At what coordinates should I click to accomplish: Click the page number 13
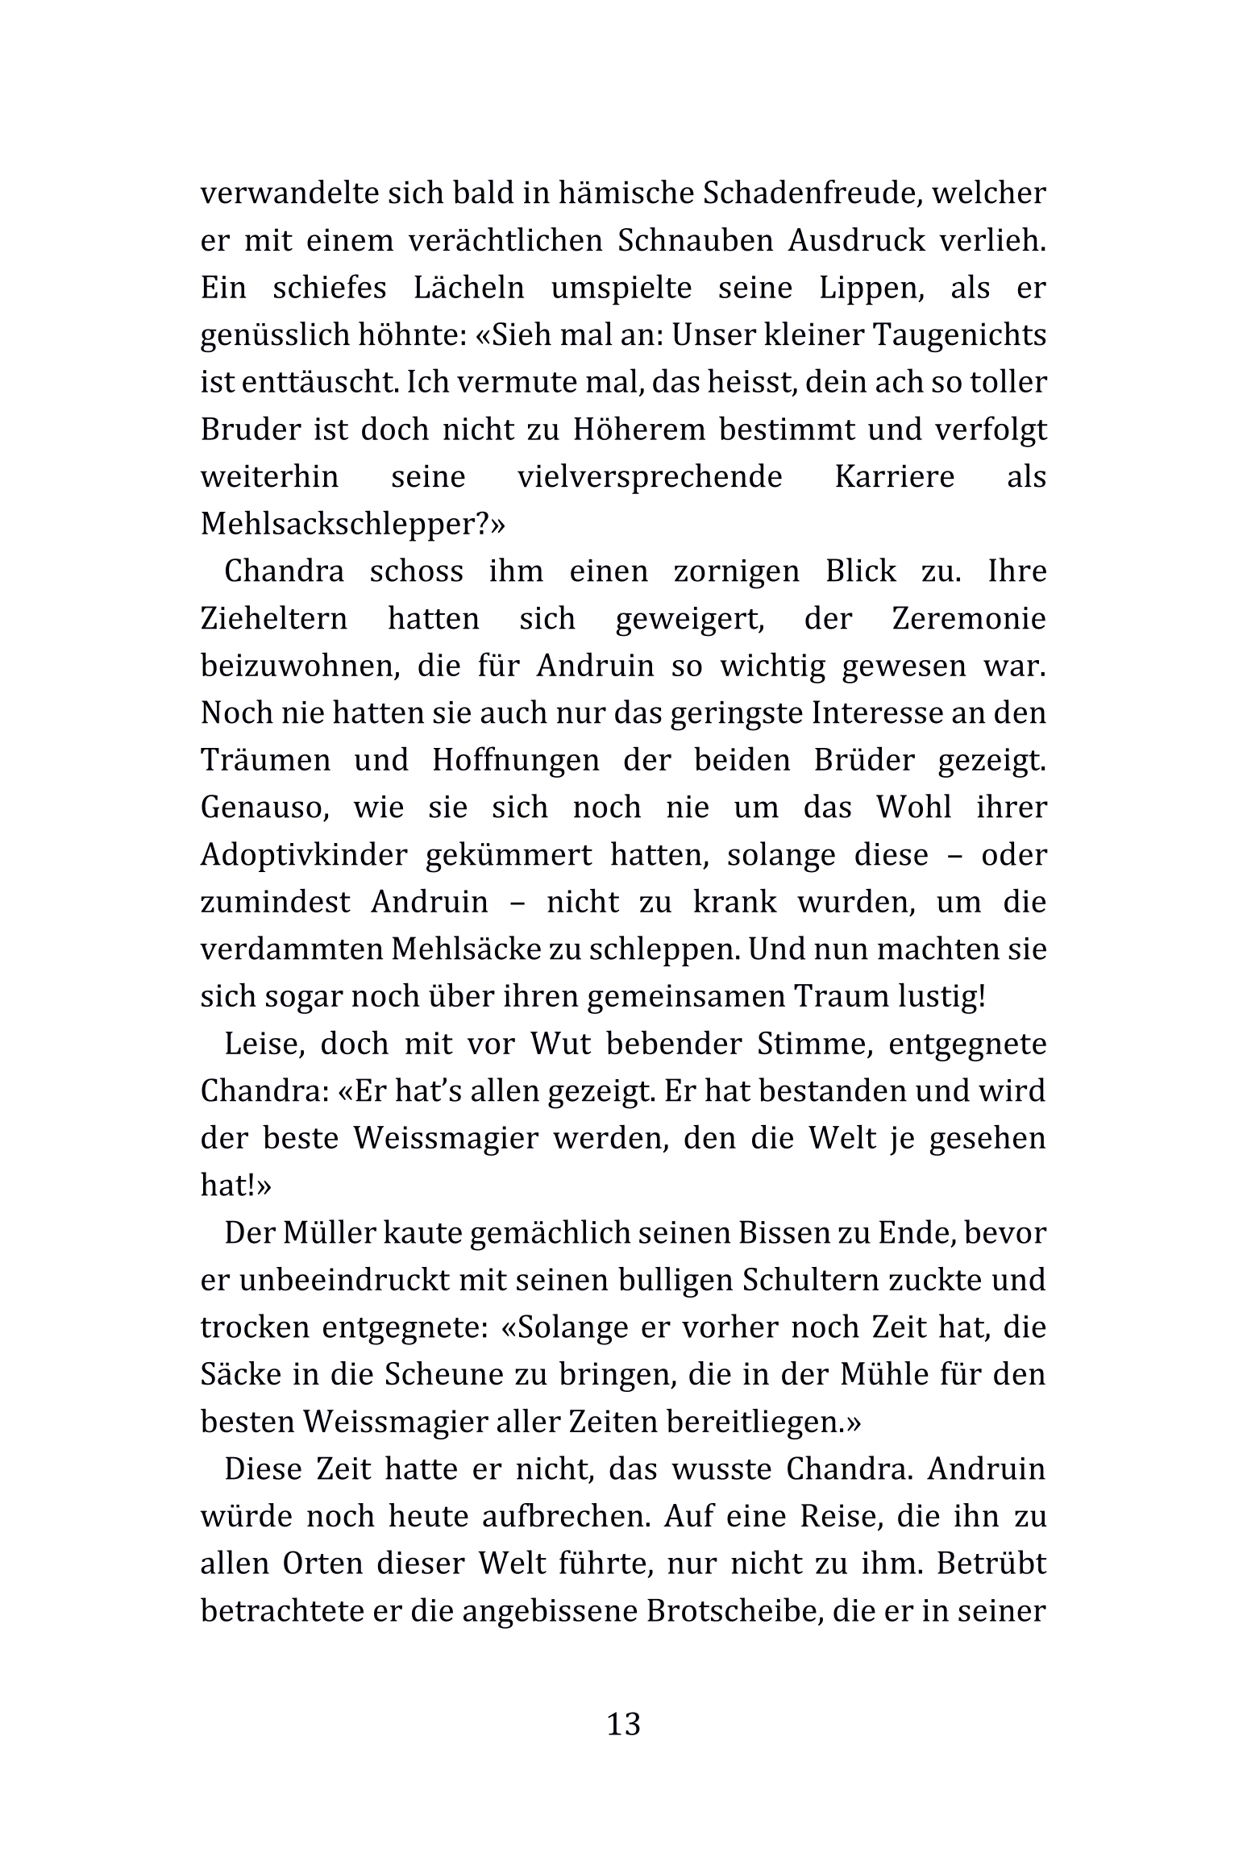(623, 1724)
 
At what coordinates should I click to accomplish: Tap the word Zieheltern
(274, 619)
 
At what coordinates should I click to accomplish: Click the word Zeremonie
(969, 619)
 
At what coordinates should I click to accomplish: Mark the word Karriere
(894, 476)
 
